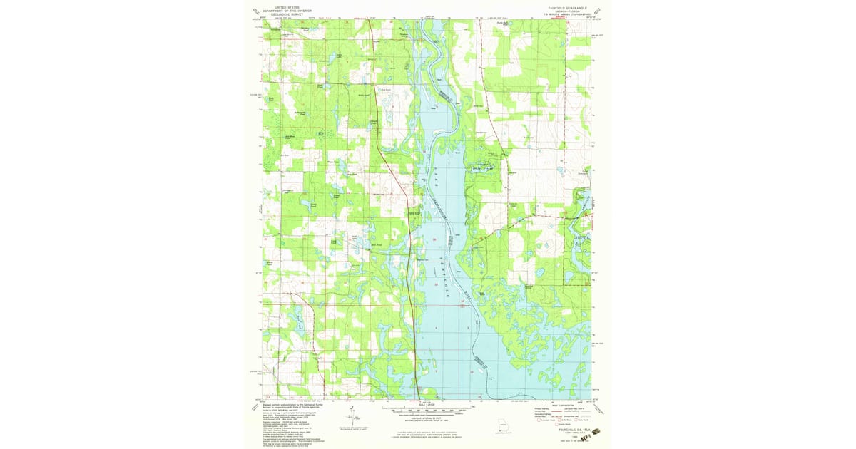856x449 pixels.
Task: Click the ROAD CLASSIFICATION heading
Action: [561, 403]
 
